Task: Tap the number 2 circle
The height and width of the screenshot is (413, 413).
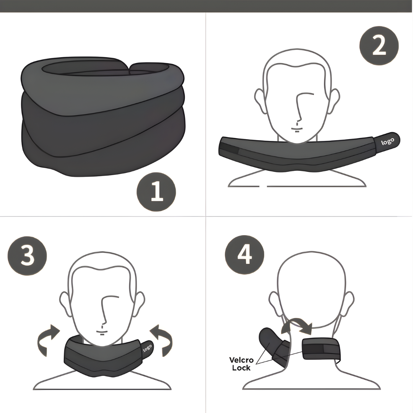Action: (379, 46)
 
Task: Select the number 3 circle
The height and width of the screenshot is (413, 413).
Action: (27, 255)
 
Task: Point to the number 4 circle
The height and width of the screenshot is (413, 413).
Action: (244, 254)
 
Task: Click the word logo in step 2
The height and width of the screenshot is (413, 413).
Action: (387, 141)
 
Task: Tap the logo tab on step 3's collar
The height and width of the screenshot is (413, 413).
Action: (147, 348)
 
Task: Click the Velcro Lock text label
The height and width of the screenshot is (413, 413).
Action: (241, 364)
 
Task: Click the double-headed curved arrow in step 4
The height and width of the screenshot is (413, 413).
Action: (296, 325)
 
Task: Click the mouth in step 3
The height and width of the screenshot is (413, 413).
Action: (102, 331)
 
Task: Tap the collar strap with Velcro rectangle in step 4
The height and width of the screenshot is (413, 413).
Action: (321, 349)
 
